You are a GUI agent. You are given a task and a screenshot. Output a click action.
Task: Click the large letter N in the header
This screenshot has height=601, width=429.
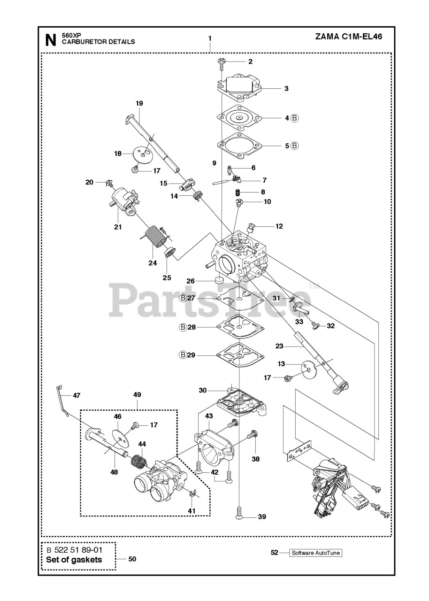50,40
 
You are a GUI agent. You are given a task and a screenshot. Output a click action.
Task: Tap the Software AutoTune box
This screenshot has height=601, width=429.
315,553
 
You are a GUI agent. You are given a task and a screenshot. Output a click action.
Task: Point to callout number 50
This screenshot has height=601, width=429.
132,559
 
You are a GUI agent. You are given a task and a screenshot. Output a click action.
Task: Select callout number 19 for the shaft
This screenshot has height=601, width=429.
139,103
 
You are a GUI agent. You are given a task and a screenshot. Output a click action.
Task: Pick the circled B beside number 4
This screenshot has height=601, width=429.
294,118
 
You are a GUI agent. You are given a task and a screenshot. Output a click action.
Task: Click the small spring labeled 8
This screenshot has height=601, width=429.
238,192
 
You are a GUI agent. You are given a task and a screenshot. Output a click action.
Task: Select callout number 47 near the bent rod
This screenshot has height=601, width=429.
77,395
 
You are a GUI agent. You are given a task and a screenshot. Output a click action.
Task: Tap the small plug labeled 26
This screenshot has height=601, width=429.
218,281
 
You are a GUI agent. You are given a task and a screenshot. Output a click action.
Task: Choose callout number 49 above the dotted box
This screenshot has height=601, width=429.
137,394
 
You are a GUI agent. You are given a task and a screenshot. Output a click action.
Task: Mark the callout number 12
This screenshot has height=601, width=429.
279,226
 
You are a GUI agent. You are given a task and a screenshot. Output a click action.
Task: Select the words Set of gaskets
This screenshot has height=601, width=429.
74,560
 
